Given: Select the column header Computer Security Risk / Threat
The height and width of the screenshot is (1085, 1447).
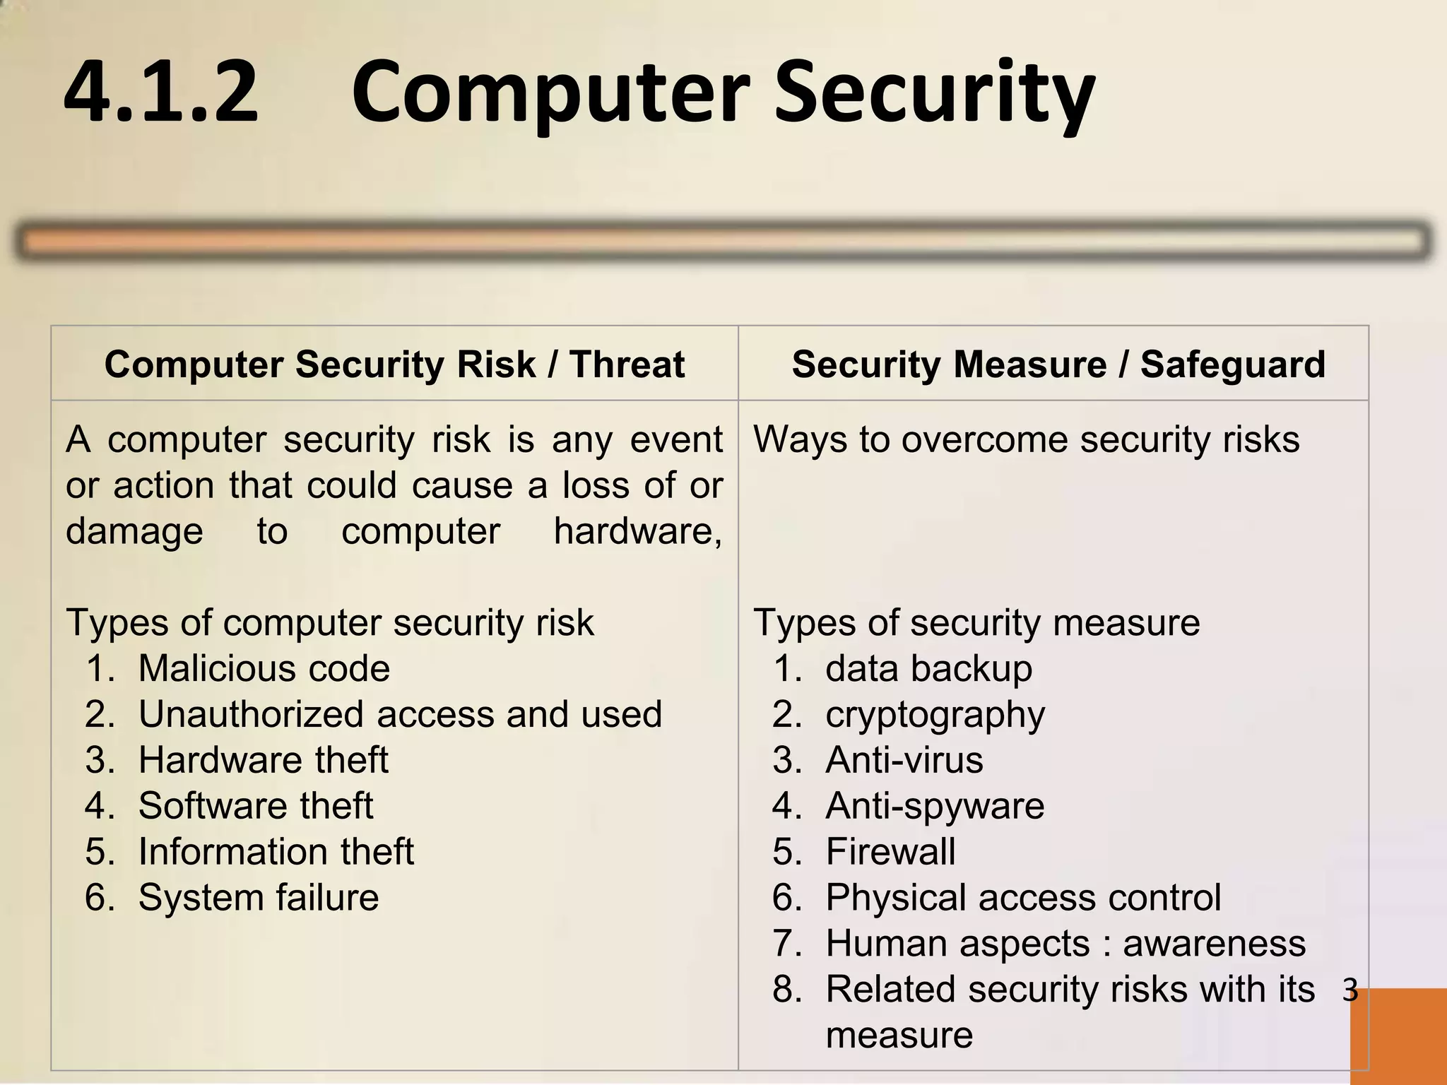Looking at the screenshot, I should click(x=394, y=364).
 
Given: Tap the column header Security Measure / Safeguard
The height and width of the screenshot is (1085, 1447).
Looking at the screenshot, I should click(x=1058, y=364).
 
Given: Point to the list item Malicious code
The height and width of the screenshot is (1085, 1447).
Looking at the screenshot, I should click(x=264, y=668).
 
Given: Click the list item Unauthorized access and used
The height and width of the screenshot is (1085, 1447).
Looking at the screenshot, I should click(x=400, y=714).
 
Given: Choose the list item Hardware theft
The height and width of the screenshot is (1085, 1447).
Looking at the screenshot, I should click(x=263, y=760).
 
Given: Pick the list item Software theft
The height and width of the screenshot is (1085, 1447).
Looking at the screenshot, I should click(x=255, y=806).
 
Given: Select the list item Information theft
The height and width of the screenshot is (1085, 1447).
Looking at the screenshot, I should click(x=276, y=852).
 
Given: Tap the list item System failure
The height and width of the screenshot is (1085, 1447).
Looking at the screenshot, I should click(x=259, y=898).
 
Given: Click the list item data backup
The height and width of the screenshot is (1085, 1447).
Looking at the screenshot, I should click(x=928, y=668).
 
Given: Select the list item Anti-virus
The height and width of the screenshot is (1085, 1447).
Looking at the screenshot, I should click(x=904, y=760).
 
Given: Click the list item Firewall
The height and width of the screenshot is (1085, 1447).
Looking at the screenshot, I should click(x=890, y=852).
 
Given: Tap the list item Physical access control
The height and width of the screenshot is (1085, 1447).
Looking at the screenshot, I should click(x=1023, y=898).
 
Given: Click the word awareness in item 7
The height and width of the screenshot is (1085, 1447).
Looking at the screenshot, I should click(x=1214, y=944).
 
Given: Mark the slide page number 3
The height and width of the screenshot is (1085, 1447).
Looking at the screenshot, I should click(x=1350, y=990).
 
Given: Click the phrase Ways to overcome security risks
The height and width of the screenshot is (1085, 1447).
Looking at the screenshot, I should click(x=1026, y=439).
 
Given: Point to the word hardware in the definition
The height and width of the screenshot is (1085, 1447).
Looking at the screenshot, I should click(x=637, y=531).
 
